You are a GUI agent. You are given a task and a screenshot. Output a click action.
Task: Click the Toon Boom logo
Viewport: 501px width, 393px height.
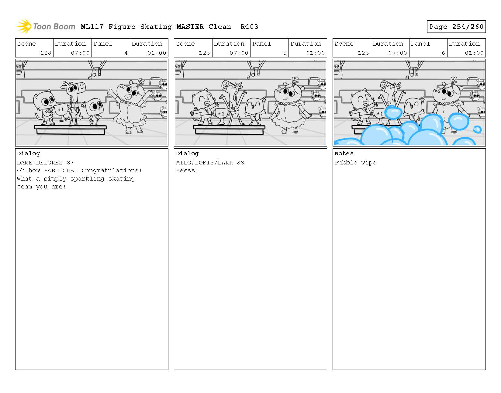[46, 26]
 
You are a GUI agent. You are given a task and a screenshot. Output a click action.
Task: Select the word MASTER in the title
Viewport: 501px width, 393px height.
[190, 27]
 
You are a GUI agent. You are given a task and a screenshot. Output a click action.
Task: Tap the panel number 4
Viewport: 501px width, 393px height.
[126, 53]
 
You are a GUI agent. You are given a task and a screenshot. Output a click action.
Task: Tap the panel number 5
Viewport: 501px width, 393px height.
[285, 53]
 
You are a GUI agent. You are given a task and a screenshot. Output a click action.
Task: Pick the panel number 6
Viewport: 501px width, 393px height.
[443, 53]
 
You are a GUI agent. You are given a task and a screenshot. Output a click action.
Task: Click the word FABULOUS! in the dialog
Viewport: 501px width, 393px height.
[60, 170]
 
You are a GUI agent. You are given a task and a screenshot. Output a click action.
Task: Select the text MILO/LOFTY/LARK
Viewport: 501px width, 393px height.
[205, 163]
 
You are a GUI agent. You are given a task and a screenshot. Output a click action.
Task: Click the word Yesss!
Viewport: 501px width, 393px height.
[187, 170]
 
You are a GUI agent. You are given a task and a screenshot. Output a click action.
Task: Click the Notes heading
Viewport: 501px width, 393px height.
[344, 153]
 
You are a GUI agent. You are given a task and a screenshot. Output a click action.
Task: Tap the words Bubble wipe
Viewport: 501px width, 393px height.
[355, 163]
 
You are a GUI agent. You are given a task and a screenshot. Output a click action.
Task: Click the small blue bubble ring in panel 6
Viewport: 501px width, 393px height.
[477, 129]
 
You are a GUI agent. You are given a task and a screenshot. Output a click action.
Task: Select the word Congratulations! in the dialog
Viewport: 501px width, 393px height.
[112, 171]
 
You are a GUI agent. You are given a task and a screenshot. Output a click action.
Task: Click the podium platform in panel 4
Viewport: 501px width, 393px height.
[70, 129]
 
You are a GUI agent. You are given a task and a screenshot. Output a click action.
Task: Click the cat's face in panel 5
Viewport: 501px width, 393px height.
[204, 99]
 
